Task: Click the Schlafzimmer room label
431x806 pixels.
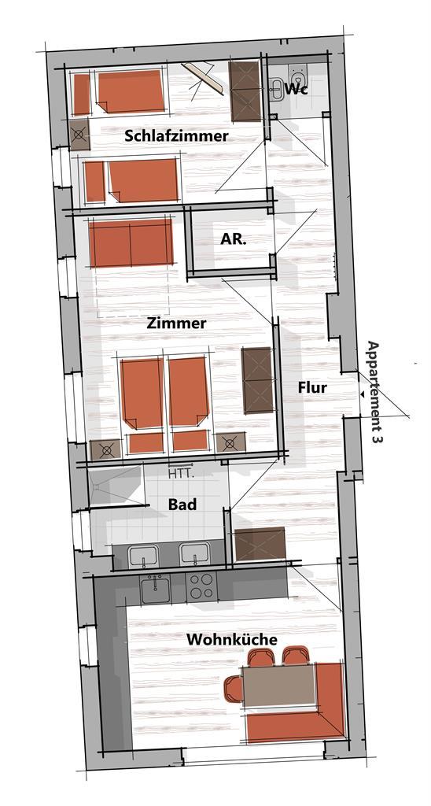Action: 176,136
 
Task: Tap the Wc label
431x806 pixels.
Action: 297,88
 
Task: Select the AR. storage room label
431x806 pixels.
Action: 234,239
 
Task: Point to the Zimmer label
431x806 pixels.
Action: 176,324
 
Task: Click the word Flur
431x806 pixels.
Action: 312,387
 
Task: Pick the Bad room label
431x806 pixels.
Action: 182,505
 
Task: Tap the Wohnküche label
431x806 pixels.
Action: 232,639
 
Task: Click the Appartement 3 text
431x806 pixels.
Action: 374,392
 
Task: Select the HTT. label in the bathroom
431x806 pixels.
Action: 182,472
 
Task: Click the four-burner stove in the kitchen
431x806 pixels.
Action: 201,586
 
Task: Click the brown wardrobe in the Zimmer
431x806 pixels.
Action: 257,380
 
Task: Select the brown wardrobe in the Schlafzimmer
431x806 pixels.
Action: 245,91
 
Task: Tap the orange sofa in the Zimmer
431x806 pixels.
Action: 131,243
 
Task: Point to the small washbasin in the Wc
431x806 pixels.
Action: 276,88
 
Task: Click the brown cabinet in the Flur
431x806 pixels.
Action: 260,544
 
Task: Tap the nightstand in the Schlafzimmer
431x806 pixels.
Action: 79,135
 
